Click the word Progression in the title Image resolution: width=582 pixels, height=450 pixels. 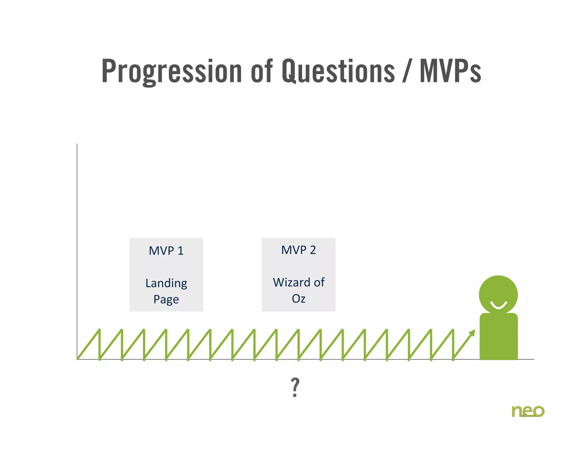click(x=172, y=71)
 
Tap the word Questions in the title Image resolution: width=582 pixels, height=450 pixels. click(x=338, y=71)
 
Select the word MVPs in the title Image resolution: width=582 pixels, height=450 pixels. click(x=450, y=71)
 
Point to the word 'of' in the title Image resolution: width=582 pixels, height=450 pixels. click(x=262, y=71)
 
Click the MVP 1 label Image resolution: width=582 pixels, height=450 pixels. click(x=166, y=251)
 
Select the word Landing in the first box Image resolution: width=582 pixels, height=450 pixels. click(x=166, y=283)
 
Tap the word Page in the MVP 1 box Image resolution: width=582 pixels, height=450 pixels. click(x=166, y=300)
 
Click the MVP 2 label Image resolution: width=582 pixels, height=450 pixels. click(x=298, y=250)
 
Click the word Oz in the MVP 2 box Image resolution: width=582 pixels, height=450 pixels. click(x=298, y=299)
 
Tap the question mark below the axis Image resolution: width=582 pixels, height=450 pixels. click(x=295, y=387)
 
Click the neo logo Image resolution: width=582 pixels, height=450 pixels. click(x=528, y=411)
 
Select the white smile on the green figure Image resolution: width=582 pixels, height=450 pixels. click(x=498, y=306)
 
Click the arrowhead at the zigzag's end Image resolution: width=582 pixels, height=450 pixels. click(x=472, y=333)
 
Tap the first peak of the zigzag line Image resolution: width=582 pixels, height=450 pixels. click(x=99, y=330)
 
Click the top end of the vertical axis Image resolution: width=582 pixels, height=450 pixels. click(x=77, y=145)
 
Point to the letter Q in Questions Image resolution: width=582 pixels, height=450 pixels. click(x=290, y=71)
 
